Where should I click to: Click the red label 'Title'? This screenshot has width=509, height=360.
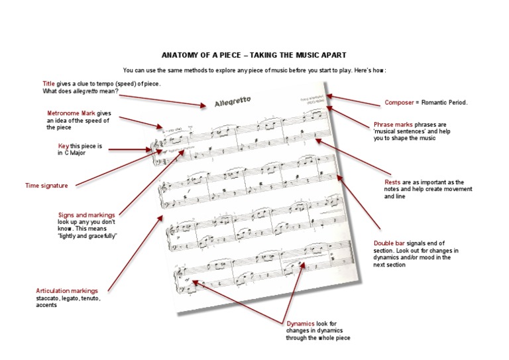point(48,84)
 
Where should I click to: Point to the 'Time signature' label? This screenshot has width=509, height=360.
point(46,186)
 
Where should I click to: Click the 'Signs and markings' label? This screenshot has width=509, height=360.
point(87,215)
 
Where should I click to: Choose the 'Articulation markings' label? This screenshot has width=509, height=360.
point(67,290)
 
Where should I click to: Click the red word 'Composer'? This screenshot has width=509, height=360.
point(400,103)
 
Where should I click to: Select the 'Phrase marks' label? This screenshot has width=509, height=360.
point(396,124)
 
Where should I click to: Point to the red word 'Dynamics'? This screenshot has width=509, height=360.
point(300,323)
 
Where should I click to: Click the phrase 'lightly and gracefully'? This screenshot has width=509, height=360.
point(87,236)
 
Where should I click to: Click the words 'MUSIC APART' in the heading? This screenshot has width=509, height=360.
point(325,55)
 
